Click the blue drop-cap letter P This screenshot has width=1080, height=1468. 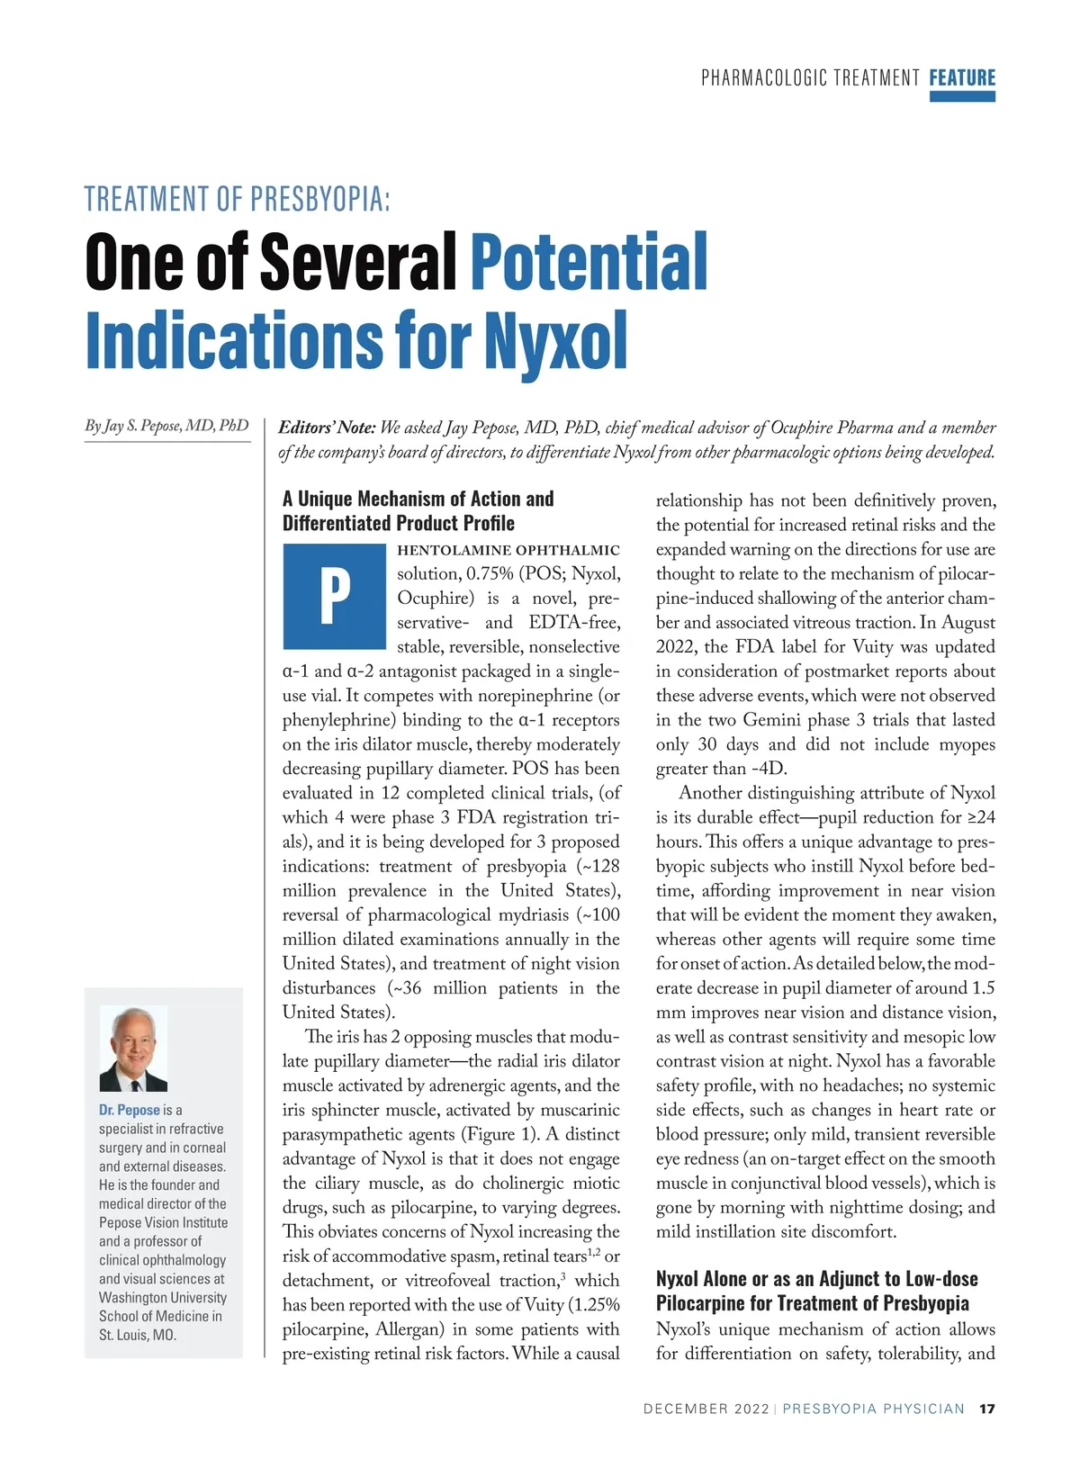(x=334, y=596)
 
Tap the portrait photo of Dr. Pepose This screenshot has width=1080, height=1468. (x=133, y=1049)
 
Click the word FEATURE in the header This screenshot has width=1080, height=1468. (x=962, y=77)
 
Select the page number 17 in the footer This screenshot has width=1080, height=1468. (x=987, y=1409)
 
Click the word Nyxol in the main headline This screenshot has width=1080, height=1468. (x=555, y=341)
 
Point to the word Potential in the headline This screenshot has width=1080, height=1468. (x=589, y=261)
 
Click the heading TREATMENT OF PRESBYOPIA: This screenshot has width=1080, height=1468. (x=238, y=199)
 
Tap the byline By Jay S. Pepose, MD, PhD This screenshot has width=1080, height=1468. (x=166, y=426)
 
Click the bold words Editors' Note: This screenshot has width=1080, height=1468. (x=327, y=428)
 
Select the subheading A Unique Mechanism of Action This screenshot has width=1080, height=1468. (x=418, y=499)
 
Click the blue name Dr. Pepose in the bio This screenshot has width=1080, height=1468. (x=130, y=1110)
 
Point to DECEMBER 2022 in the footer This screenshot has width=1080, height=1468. (x=706, y=1409)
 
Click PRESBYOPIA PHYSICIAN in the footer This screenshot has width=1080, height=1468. (x=873, y=1409)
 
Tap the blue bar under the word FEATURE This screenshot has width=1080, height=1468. (x=962, y=96)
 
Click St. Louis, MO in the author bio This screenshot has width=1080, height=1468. (x=138, y=1335)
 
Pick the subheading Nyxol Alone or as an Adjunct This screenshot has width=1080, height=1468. (x=816, y=1279)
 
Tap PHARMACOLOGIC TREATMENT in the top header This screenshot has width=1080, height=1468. (x=810, y=78)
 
